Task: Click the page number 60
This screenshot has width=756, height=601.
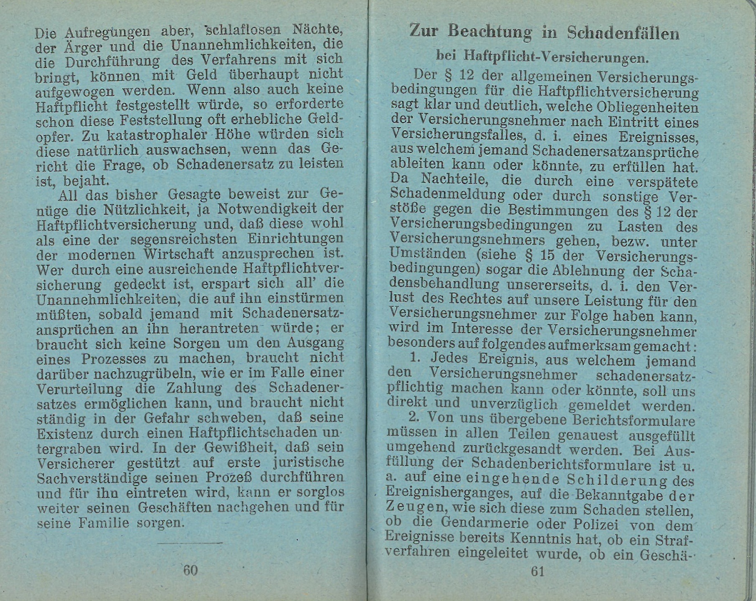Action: [190, 570]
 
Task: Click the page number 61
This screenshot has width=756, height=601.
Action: [538, 571]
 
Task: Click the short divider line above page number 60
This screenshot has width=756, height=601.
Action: [190, 543]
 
